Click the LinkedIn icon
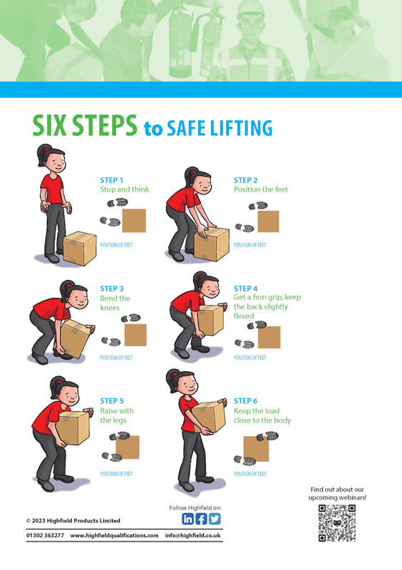tap(187, 519)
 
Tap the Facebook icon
tap(201, 519)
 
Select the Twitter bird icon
tap(215, 519)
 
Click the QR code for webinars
tap(337, 523)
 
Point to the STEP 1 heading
tap(112, 180)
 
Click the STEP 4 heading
tap(246, 289)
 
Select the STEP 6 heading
tap(246, 401)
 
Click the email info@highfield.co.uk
tap(193, 536)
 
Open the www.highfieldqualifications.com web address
tap(115, 536)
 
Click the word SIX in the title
tap(49, 125)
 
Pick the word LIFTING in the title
tap(241, 128)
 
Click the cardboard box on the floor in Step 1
tap(80, 248)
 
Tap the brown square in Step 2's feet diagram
tap(269, 222)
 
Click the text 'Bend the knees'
tap(115, 303)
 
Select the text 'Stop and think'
tap(125, 190)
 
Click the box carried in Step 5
tap(73, 427)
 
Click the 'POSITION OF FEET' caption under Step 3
tap(116, 358)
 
